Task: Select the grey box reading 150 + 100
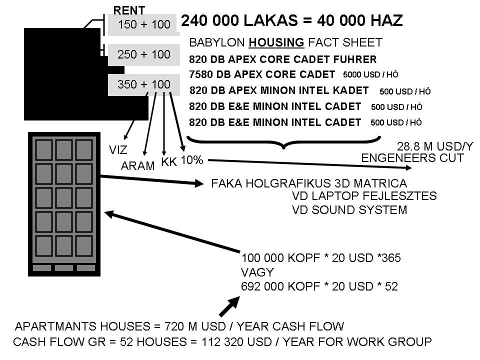point(144,24)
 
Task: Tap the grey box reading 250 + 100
point(144,54)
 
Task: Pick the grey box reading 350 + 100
point(144,84)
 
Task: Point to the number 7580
point(201,74)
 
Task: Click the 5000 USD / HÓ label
point(370,75)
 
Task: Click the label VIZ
point(118,150)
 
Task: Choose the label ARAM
point(138,166)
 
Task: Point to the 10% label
point(191,160)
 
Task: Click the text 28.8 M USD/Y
point(435,146)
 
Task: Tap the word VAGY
point(257,272)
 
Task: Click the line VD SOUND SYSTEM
point(349,210)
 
